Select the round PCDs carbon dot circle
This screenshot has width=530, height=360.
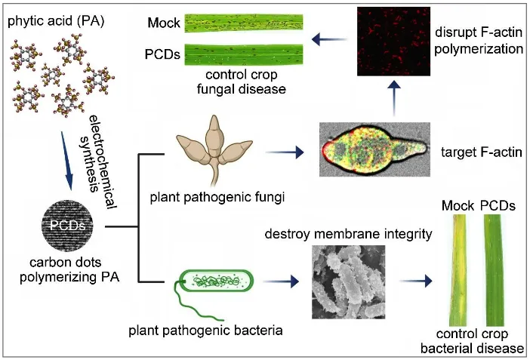69,226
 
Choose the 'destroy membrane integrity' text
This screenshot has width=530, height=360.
348,235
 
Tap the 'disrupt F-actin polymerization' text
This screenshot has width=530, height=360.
479,42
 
